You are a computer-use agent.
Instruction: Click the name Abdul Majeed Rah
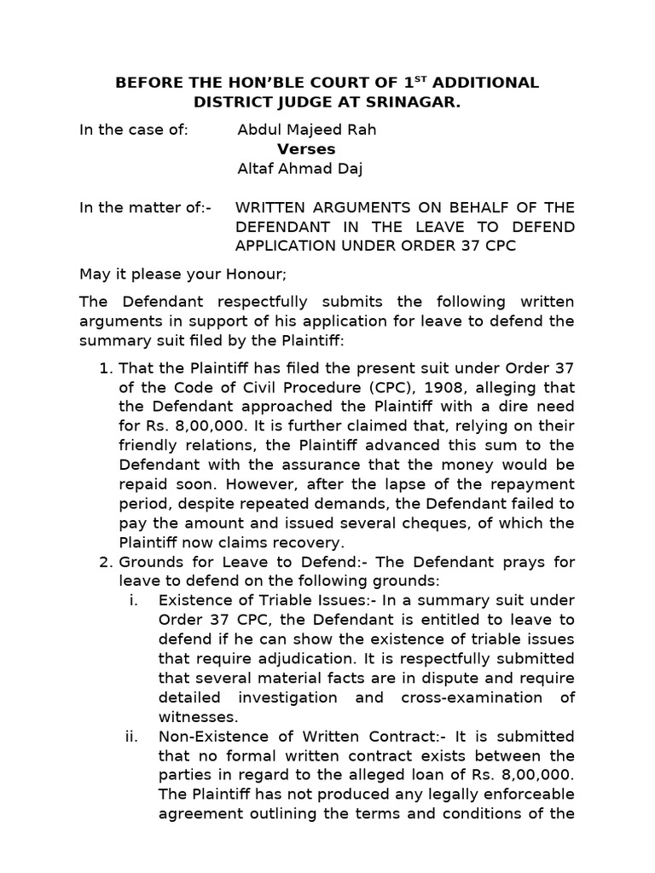click(306, 130)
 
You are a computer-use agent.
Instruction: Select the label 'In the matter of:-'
click(148, 207)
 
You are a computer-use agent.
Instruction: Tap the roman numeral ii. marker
click(132, 736)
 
